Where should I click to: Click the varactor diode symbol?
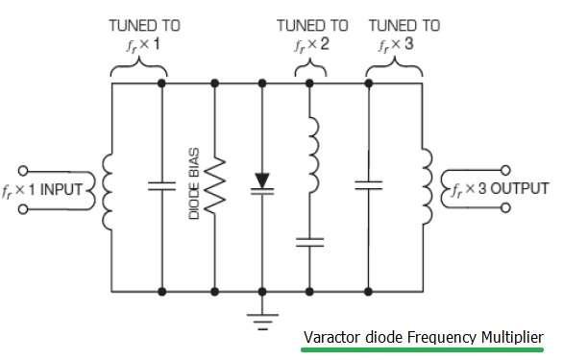tap(262, 183)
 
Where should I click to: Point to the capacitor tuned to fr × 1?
tap(161, 186)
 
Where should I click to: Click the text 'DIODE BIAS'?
tap(194, 186)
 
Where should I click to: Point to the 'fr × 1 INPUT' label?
tap(49, 189)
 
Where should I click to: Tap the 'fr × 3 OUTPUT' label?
tap(501, 188)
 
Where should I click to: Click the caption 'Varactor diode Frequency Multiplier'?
tap(423, 338)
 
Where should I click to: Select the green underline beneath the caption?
tap(423, 350)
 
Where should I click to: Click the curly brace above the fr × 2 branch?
tap(310, 67)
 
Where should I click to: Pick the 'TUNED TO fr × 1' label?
tap(142, 36)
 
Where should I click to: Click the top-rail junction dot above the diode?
tap(262, 84)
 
